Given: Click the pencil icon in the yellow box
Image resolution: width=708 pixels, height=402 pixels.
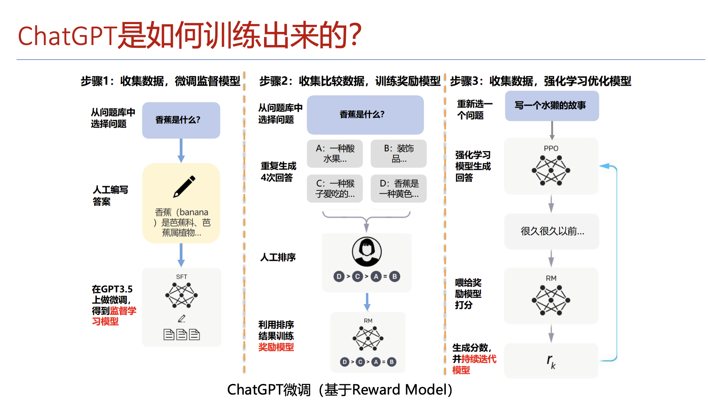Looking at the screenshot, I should click(184, 186).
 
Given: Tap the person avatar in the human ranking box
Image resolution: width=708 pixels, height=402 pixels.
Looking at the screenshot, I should click(367, 252).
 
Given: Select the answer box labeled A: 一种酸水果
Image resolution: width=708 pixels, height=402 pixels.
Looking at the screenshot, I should click(335, 153).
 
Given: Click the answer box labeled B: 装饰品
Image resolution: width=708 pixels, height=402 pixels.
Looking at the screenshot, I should click(399, 153).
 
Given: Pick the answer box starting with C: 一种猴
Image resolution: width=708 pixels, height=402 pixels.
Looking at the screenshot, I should click(335, 189).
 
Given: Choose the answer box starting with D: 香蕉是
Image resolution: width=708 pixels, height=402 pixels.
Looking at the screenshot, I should click(399, 189).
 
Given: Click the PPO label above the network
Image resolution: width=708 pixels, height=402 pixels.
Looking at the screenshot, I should click(551, 148).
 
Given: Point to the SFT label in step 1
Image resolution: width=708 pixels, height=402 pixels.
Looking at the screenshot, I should click(181, 277).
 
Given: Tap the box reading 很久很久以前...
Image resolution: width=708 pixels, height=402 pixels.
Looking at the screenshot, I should click(552, 231).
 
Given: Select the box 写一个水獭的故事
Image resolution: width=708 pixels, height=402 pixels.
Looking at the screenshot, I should click(552, 106).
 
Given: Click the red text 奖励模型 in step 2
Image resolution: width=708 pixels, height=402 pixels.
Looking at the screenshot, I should click(276, 347).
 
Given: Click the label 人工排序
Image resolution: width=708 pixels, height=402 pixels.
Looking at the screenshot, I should click(278, 257).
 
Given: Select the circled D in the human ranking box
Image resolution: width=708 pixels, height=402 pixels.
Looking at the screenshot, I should click(339, 277).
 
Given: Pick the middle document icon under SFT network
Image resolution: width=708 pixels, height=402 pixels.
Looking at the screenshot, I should click(181, 334).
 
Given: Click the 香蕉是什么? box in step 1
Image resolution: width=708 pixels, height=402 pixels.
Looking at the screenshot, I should click(181, 120).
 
